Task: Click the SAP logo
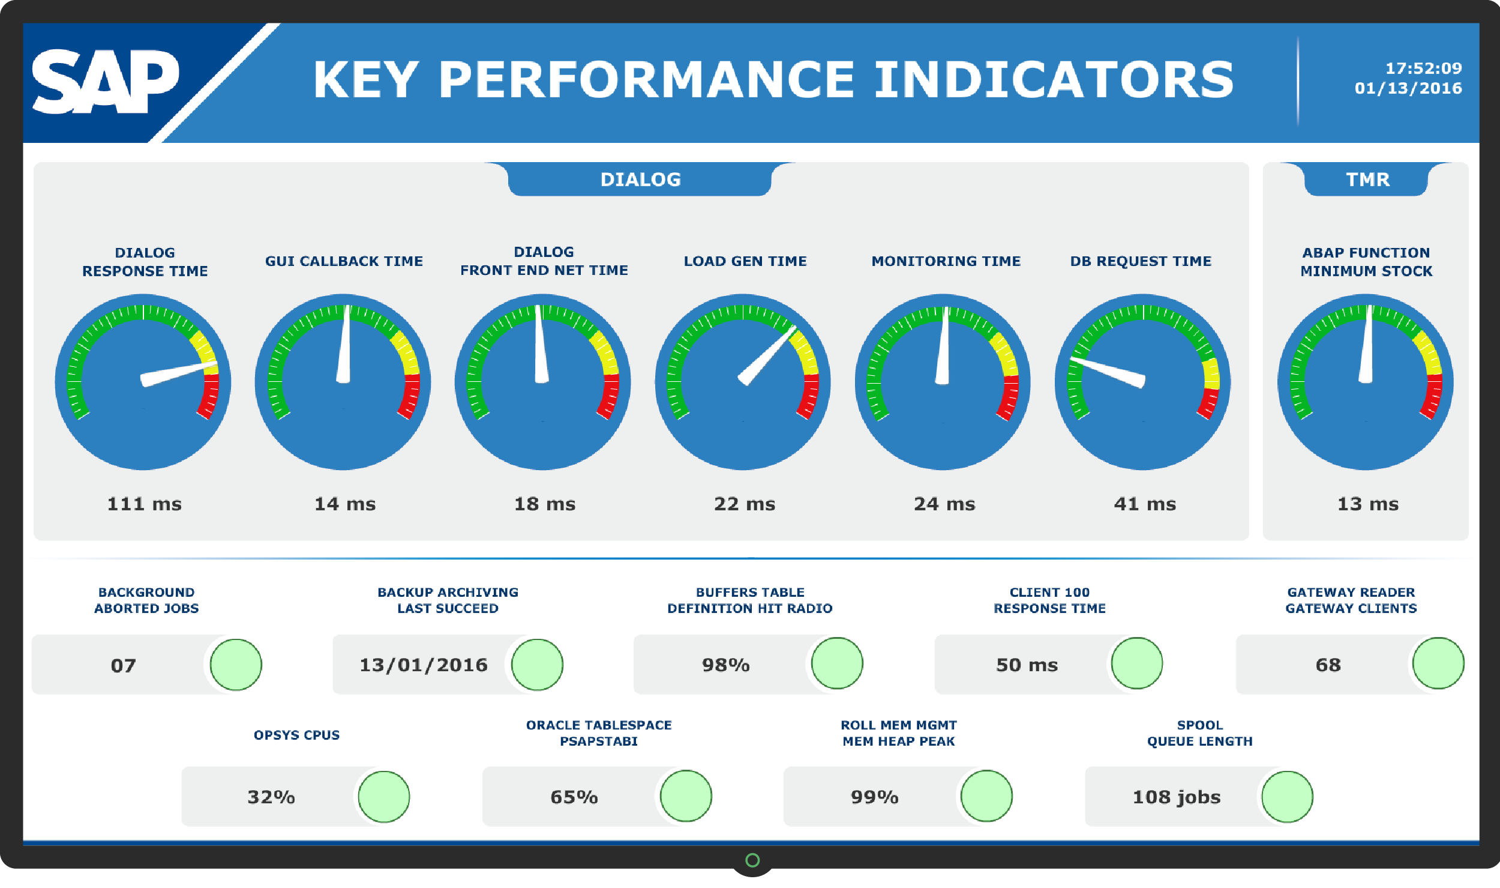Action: [x=105, y=81]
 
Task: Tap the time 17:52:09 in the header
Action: [x=1423, y=68]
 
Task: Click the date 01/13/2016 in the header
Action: [x=1408, y=88]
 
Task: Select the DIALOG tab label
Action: [x=640, y=180]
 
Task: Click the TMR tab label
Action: [x=1367, y=180]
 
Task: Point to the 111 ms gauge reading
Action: [x=144, y=504]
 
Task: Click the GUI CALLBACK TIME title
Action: [x=344, y=261]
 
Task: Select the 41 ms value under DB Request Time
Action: [x=1144, y=504]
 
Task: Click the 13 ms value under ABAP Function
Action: [x=1367, y=504]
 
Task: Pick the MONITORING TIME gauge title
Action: [x=946, y=261]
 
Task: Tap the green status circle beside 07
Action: [x=236, y=665]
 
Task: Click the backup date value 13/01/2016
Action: [x=423, y=665]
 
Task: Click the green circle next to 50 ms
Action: [x=1136, y=663]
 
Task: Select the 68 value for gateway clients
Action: [x=1328, y=665]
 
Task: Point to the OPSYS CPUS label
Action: [x=296, y=735]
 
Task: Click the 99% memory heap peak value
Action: [x=874, y=797]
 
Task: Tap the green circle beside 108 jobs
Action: [x=1287, y=797]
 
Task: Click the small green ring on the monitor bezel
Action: [x=752, y=860]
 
